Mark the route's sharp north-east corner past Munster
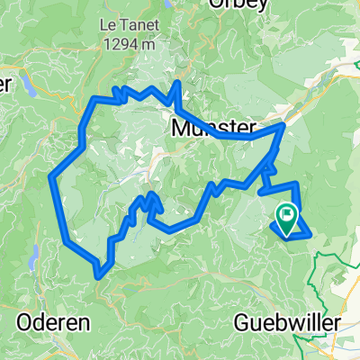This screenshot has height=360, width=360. (x=283, y=125)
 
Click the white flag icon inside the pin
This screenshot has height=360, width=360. (x=287, y=214)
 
